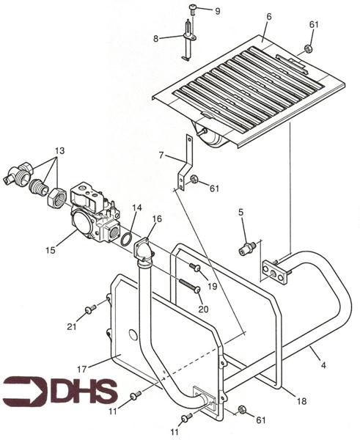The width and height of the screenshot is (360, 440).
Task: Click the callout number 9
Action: point(218,12)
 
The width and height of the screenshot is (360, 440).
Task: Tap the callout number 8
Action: point(155,39)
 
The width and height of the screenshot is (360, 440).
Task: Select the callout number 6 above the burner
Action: point(269,17)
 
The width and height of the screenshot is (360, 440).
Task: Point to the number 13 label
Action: point(59,150)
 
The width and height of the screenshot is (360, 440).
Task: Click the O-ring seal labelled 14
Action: point(126,239)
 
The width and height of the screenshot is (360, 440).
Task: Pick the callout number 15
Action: point(51,250)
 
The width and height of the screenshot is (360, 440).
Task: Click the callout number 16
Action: point(158,219)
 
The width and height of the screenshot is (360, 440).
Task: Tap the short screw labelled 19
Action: point(196,268)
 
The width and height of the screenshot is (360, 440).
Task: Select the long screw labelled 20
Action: point(190,285)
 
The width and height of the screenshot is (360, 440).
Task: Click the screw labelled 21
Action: point(90,309)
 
